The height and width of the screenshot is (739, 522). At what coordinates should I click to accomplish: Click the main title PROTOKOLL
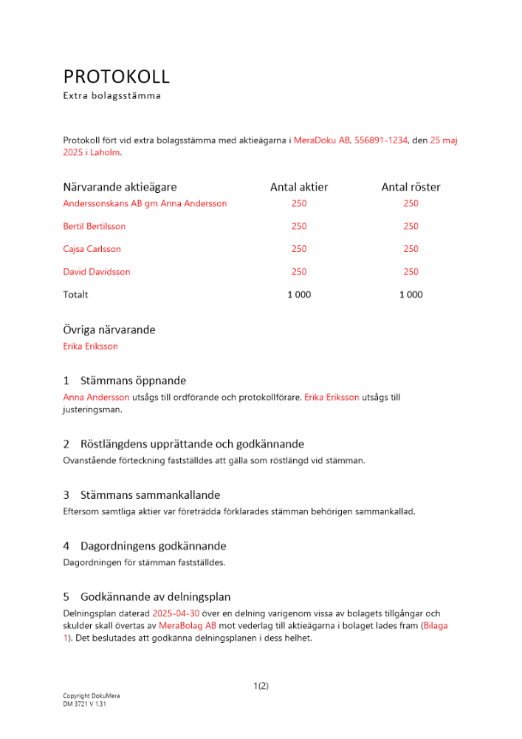(x=117, y=77)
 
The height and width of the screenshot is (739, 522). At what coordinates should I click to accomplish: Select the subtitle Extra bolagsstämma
(x=111, y=96)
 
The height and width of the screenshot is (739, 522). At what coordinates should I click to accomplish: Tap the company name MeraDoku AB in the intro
(x=322, y=140)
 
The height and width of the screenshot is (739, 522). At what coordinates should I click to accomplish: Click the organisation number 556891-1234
(x=381, y=140)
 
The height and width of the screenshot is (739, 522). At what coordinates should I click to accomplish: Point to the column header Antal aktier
(x=299, y=188)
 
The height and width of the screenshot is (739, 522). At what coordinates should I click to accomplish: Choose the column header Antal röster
(x=411, y=188)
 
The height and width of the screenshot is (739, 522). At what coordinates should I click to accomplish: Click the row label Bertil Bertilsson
(x=95, y=226)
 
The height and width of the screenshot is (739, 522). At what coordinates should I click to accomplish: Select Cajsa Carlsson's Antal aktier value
(x=299, y=249)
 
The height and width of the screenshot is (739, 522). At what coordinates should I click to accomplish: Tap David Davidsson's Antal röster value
(x=411, y=272)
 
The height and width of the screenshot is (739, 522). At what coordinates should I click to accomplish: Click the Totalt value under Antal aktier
(x=299, y=295)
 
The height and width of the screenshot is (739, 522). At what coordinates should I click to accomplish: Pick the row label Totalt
(x=75, y=295)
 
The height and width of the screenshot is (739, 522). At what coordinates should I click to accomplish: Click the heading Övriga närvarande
(x=109, y=330)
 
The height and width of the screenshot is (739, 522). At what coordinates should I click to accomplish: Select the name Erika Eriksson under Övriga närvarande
(x=91, y=346)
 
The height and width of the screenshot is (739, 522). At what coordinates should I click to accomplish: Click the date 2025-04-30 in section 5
(x=176, y=614)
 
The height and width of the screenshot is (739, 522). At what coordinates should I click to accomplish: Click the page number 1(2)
(x=261, y=686)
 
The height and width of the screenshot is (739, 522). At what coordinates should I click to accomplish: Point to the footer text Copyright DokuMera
(x=92, y=696)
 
